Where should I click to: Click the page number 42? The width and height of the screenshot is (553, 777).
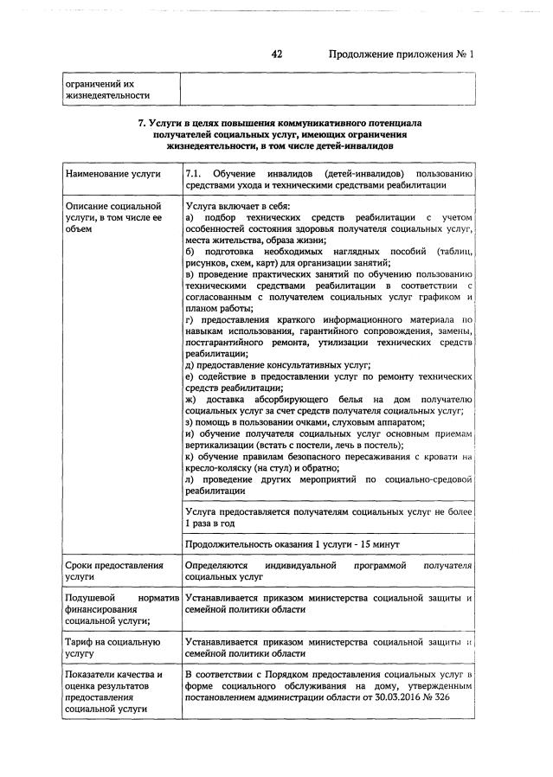pos(277,55)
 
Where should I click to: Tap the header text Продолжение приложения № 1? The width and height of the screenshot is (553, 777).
pos(402,55)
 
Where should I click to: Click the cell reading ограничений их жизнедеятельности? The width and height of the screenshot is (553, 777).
pos(103,89)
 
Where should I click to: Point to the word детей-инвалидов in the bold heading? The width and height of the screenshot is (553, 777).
pos(354,147)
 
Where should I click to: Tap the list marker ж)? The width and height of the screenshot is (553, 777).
pos(191,399)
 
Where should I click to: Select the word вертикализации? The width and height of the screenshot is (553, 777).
pos(225,444)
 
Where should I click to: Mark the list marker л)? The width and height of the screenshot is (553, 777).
pos(190,478)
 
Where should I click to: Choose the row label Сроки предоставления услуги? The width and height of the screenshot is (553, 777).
pos(113,570)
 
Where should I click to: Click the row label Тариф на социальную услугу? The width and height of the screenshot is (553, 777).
pos(113,648)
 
